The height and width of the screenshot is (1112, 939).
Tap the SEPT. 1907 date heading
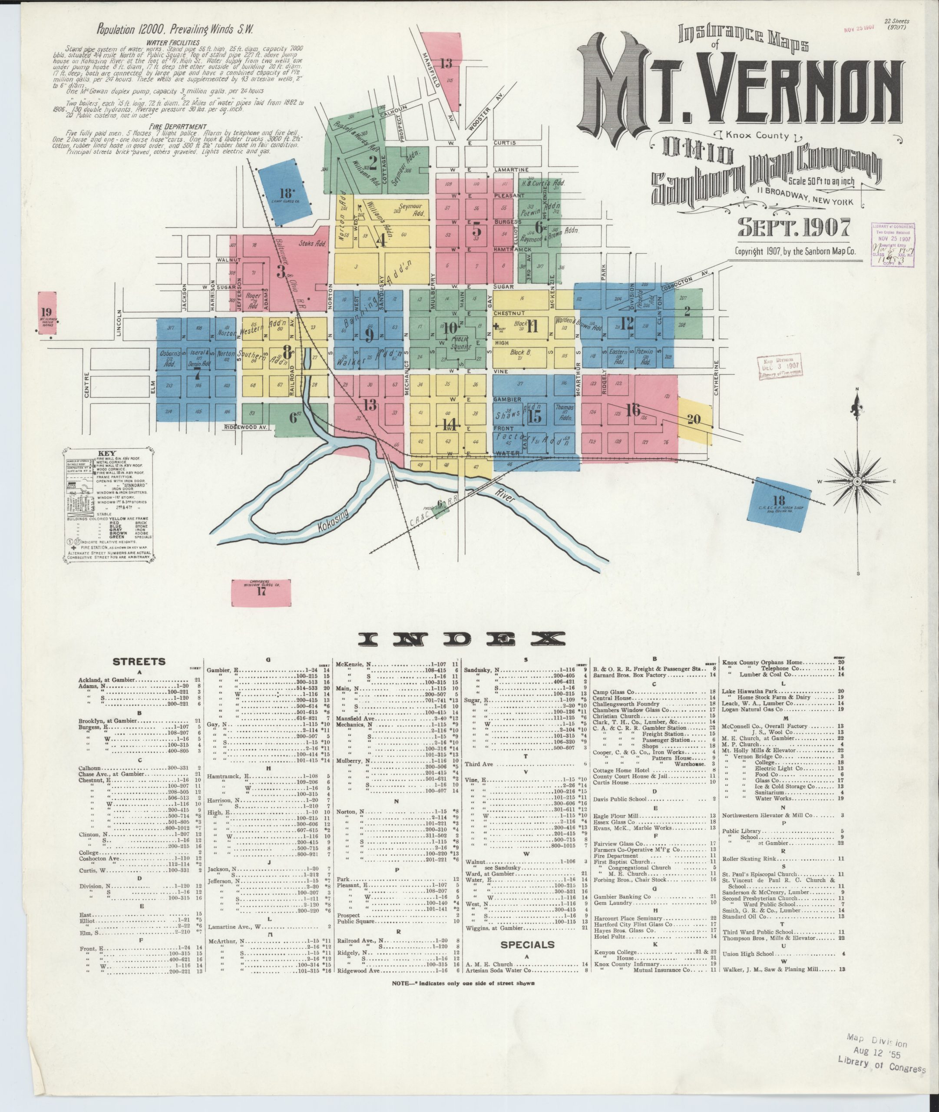coord(793,227)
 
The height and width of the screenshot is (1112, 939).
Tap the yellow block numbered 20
coord(694,420)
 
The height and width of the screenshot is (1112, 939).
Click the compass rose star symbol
coord(857,482)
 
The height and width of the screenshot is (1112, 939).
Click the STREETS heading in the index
coord(139,662)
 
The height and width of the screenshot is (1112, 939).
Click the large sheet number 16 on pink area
coord(633,410)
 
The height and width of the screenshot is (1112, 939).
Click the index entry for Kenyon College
coord(618,951)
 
